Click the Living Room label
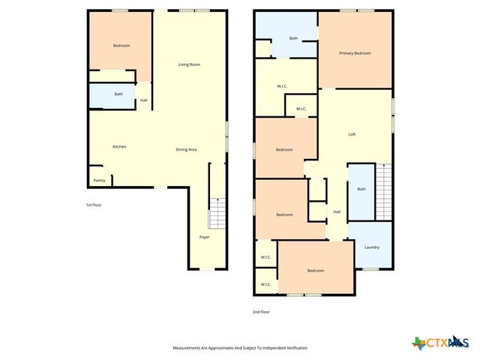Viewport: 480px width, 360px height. tap(189, 64)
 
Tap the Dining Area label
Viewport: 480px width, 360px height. tap(186, 150)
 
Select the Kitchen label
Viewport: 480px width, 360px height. tap(119, 146)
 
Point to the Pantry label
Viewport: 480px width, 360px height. tap(99, 181)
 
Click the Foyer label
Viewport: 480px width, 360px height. tap(204, 237)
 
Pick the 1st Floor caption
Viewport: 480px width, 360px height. tap(93, 205)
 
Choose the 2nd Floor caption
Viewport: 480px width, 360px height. tap(261, 311)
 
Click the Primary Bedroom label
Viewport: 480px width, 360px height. tap(355, 53)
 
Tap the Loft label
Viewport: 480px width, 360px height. tap(352, 134)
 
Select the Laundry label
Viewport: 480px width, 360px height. tap(372, 247)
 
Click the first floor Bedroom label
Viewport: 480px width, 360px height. tap(121, 46)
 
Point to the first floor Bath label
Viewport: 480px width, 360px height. tap(118, 94)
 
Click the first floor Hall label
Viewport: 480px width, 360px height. tap(143, 100)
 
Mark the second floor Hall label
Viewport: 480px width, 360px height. tap(337, 211)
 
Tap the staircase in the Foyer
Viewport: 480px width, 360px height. tap(216, 214)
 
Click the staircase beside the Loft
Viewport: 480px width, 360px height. tap(384, 192)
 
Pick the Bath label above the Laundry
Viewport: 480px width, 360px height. tap(361, 189)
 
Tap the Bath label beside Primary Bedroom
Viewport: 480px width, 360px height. tap(293, 38)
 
